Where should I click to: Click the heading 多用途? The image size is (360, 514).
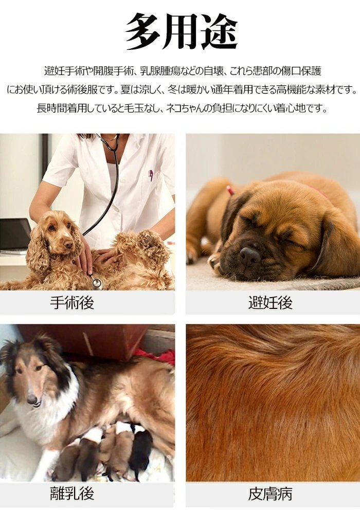click(182, 32)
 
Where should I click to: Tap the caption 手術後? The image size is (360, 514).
click(72, 303)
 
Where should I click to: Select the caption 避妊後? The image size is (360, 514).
click(270, 303)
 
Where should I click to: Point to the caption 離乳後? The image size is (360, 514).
click(72, 493)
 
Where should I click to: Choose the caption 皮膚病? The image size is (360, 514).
click(270, 494)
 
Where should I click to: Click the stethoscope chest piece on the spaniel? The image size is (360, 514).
click(97, 283)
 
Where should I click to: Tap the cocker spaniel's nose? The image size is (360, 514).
click(68, 245)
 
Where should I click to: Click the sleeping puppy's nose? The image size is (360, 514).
click(249, 255)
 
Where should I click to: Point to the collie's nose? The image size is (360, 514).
click(32, 399)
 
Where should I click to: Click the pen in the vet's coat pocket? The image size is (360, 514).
click(151, 175)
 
